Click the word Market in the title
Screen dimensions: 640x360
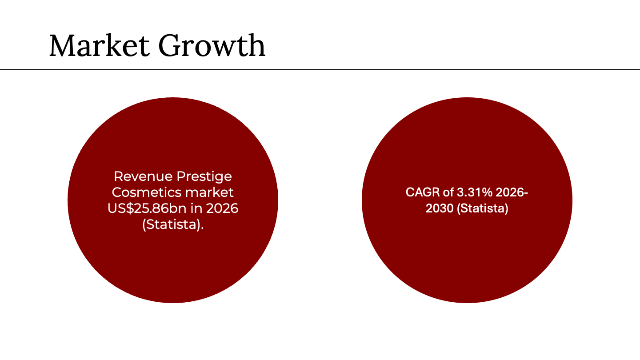(100, 45)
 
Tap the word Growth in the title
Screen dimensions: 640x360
(212, 45)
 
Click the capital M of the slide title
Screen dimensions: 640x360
(64, 45)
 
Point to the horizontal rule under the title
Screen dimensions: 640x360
(320, 69)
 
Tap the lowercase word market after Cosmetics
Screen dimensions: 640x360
(209, 192)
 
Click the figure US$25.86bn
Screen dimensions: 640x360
(147, 208)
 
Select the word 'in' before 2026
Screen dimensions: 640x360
(196, 208)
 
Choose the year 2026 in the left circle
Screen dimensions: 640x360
(222, 208)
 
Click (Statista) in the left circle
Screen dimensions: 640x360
(173, 224)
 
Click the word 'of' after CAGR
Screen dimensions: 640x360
(448, 192)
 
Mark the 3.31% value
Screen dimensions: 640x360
(475, 192)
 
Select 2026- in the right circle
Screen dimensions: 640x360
(512, 192)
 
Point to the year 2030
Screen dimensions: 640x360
(440, 208)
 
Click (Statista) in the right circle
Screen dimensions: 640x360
(483, 208)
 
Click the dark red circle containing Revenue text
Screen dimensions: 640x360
(173, 257)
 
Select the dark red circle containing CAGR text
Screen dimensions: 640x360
(467, 257)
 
